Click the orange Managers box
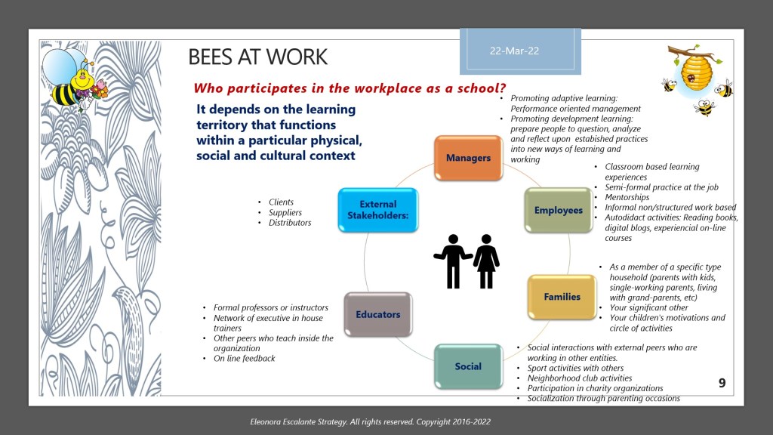[x=468, y=158]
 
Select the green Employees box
[x=558, y=210]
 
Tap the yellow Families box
[x=562, y=297]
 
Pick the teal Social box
[x=468, y=366]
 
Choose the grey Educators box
[x=378, y=314]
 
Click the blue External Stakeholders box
[x=378, y=210]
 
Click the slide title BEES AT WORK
[x=257, y=57]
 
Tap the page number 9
[x=722, y=384]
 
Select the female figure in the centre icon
[x=487, y=260]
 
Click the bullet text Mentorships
[x=627, y=197]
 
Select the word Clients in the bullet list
[x=281, y=202]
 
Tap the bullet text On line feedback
[x=244, y=359]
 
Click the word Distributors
[x=290, y=223]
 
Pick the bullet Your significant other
[x=647, y=307]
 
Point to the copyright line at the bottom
[x=386, y=422]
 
